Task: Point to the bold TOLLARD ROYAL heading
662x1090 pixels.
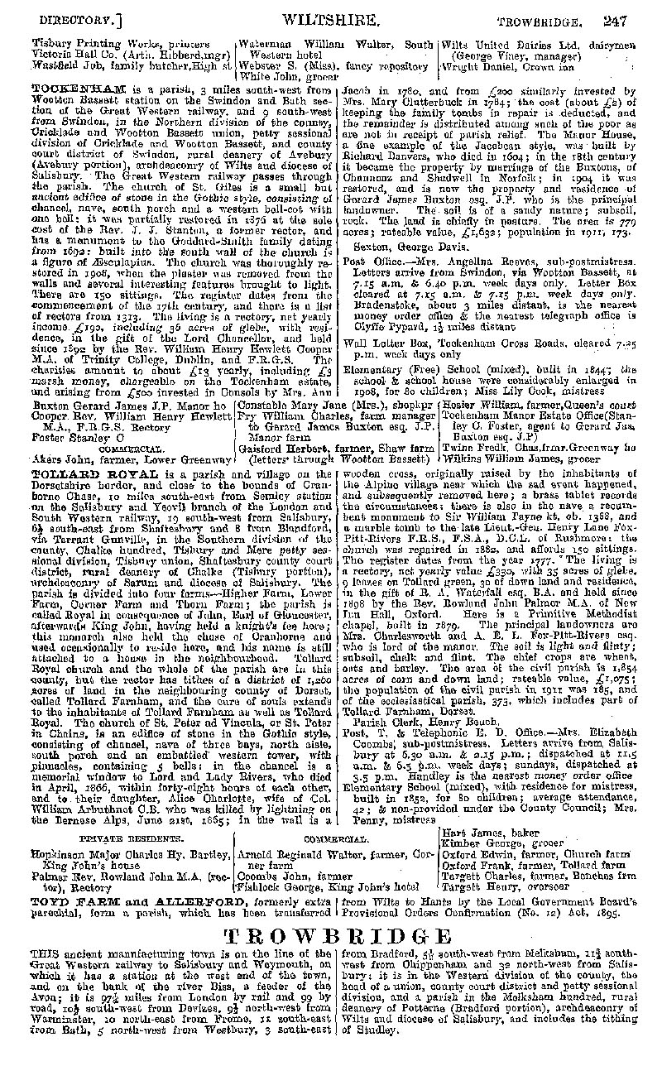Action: [x=74, y=472]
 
